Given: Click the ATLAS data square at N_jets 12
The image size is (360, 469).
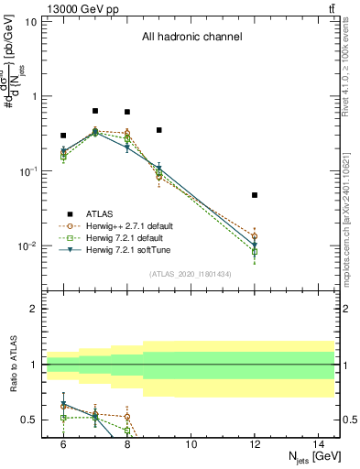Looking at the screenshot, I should click(x=255, y=195).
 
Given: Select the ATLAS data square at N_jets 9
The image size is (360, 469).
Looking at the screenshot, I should click(x=159, y=130).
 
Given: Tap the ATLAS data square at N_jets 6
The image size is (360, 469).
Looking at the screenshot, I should click(x=63, y=136).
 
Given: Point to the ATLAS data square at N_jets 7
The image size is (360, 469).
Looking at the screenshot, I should click(x=95, y=111).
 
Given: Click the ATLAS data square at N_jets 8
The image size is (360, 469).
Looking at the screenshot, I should click(x=127, y=112).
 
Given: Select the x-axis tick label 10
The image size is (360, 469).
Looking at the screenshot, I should click(x=191, y=443).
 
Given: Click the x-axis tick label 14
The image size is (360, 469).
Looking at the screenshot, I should click(x=319, y=443).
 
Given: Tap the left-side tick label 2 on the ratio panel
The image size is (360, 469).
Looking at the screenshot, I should click(x=38, y=309).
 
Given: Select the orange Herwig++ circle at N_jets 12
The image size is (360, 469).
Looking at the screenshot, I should click(x=255, y=236).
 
